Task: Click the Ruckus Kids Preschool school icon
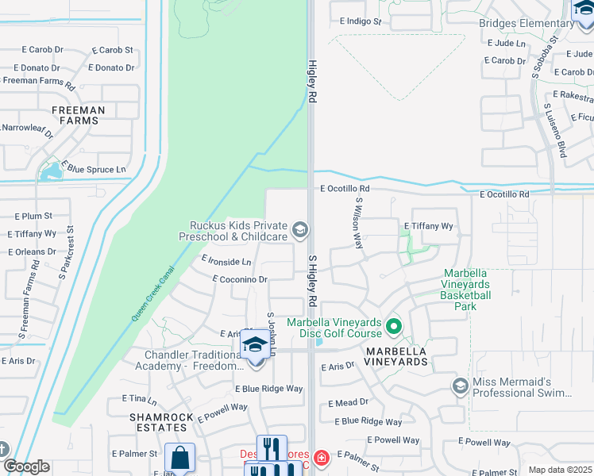[300, 231]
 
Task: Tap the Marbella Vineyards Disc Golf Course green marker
[393, 326]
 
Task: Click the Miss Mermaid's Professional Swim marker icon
[460, 386]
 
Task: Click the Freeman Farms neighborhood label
[78, 115]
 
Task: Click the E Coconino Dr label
[240, 279]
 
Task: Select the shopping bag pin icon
[179, 458]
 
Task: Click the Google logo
[25, 466]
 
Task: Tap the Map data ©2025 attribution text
[559, 470]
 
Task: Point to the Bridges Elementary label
[526, 23]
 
